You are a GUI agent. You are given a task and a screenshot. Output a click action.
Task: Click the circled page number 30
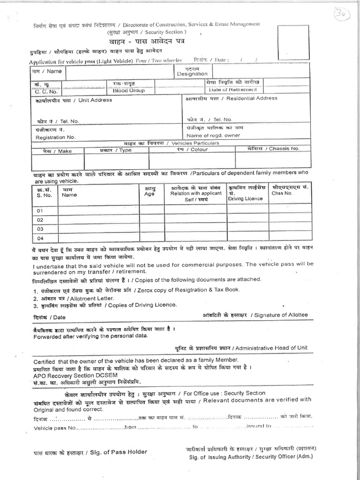tap(347, 14)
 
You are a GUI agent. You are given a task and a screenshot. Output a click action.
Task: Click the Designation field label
tap(192, 74)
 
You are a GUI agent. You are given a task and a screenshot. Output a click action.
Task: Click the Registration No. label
tap(55, 137)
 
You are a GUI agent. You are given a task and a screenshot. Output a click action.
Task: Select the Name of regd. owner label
tap(213, 135)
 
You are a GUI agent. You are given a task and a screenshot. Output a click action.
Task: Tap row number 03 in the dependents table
tap(40, 229)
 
